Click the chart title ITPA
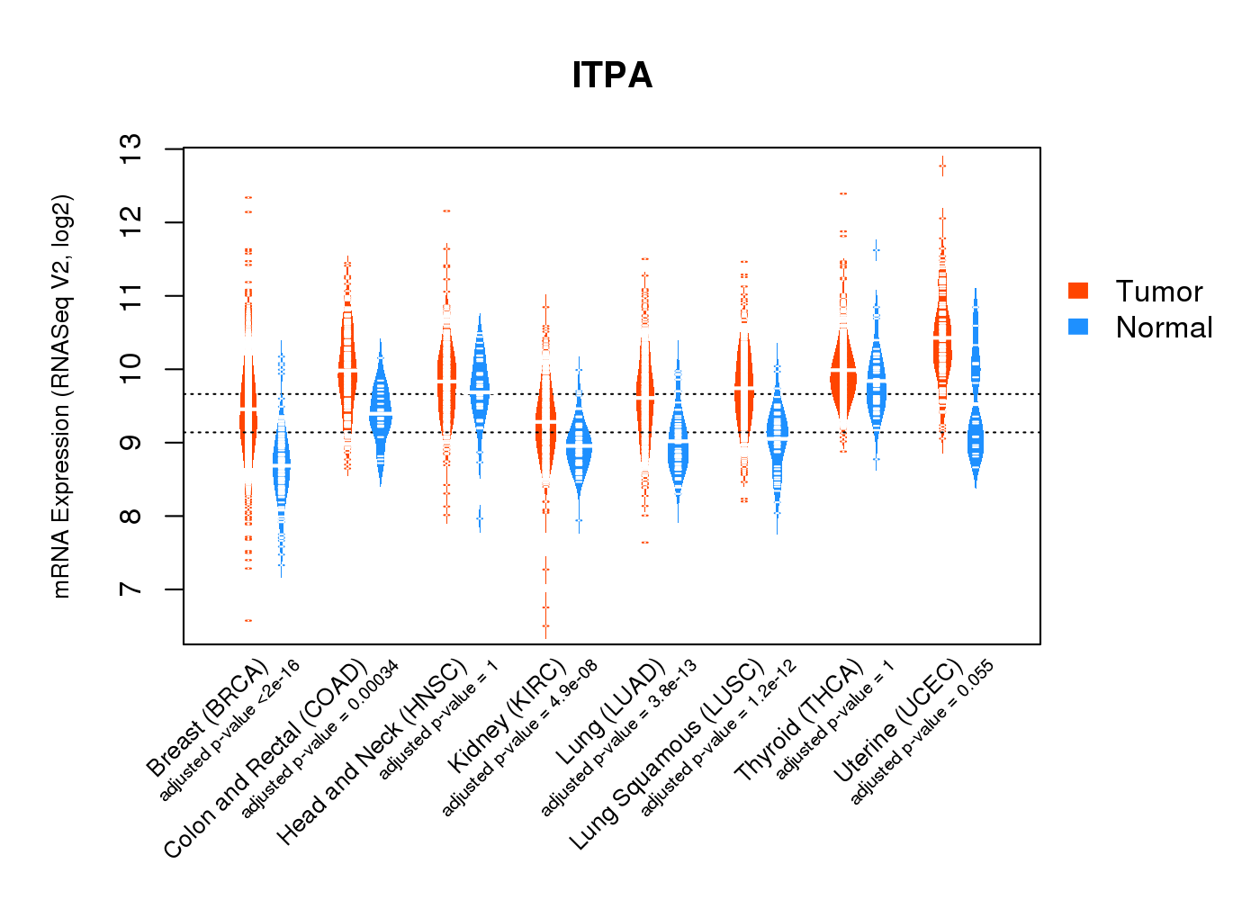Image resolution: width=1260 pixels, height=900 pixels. coord(612,76)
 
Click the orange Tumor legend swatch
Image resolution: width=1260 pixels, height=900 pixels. coord(1078,291)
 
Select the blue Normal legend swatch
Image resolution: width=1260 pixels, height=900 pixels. coord(1078,327)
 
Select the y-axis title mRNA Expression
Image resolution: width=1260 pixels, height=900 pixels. coord(61,396)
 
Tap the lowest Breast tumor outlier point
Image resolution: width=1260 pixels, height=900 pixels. coord(247,621)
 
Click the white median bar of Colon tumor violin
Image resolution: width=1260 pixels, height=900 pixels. coord(347,372)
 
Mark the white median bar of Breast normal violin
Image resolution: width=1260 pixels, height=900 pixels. coord(282,465)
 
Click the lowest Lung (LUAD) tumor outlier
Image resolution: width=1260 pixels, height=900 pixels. coord(645,543)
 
